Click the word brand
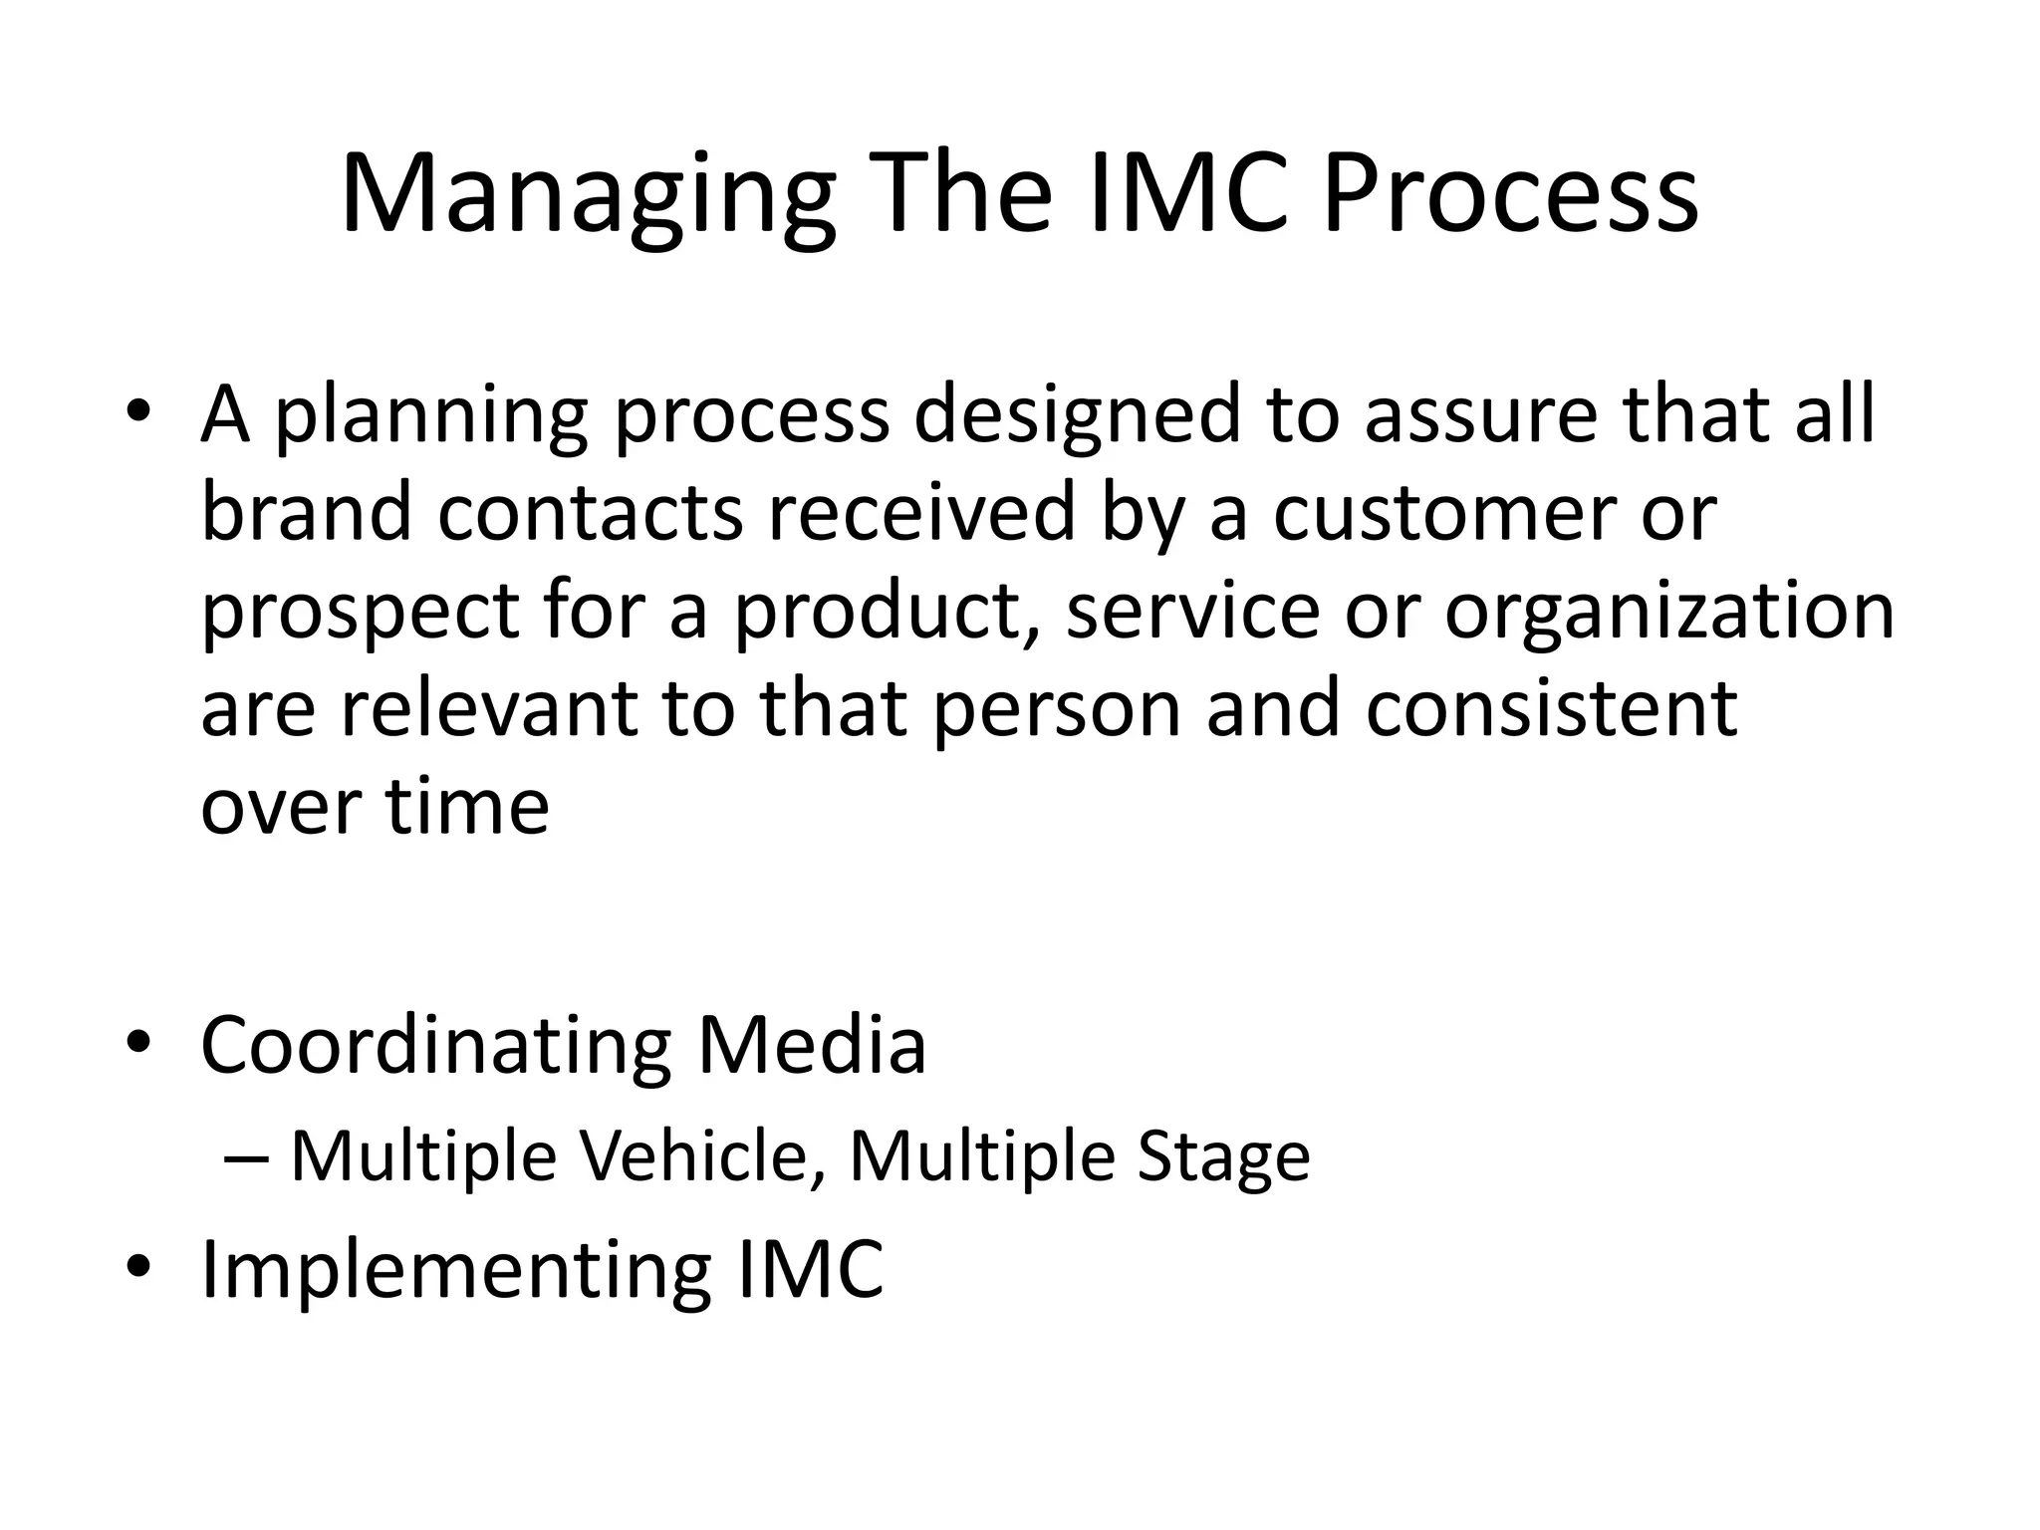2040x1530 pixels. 306,513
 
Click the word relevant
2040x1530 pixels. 488,708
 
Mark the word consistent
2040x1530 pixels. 1551,708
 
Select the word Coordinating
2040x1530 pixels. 436,1048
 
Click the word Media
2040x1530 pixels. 812,1046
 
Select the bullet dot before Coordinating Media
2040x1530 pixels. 138,1045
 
